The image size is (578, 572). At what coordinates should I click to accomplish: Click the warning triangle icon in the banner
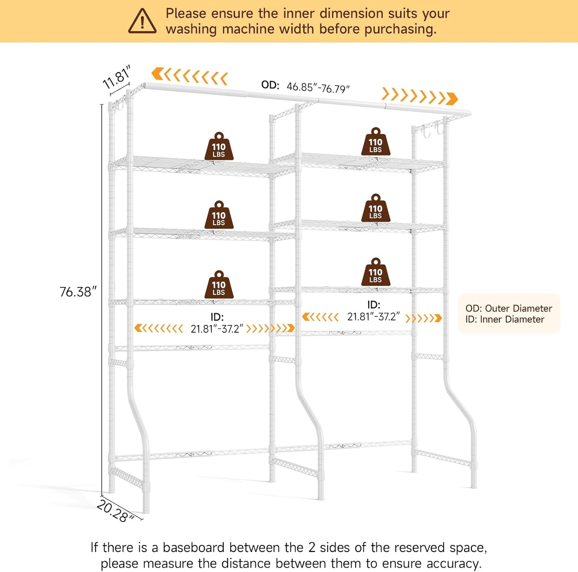coord(142,21)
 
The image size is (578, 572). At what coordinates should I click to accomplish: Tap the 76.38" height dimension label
coord(78,292)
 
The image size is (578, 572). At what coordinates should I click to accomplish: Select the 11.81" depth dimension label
coord(117,77)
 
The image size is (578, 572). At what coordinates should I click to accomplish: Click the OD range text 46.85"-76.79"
coord(318,88)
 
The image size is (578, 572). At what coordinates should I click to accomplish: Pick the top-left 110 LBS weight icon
coord(219,146)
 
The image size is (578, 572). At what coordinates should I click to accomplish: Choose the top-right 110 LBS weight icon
coord(376,142)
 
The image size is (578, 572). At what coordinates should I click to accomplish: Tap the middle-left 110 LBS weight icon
coord(219,215)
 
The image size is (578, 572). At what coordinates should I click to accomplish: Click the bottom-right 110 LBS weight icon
coord(376,272)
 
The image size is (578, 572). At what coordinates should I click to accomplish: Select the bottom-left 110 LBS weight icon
coord(219,284)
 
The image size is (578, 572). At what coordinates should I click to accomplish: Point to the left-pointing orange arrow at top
coord(190,77)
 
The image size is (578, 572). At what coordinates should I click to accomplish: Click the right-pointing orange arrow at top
coord(420,96)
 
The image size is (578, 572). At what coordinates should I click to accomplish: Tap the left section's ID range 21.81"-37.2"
coord(217,329)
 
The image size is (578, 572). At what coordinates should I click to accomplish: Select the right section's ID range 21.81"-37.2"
coord(374,317)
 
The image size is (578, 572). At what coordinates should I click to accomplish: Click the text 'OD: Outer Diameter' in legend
coord(509,308)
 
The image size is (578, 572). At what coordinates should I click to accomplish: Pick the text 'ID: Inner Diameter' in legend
coord(505,319)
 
